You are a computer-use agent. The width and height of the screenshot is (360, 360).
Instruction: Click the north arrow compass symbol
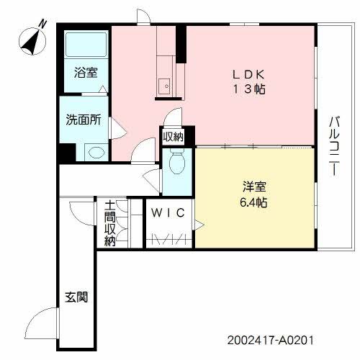point(31,40)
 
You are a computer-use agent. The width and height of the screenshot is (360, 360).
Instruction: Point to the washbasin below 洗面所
point(94,151)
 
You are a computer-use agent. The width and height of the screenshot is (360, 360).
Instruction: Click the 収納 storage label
point(173,136)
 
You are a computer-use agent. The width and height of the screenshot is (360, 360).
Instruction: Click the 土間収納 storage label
point(109,223)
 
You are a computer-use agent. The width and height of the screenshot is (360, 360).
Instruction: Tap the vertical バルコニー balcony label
point(336,148)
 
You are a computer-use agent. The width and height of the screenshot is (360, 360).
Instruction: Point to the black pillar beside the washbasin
point(67,153)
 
